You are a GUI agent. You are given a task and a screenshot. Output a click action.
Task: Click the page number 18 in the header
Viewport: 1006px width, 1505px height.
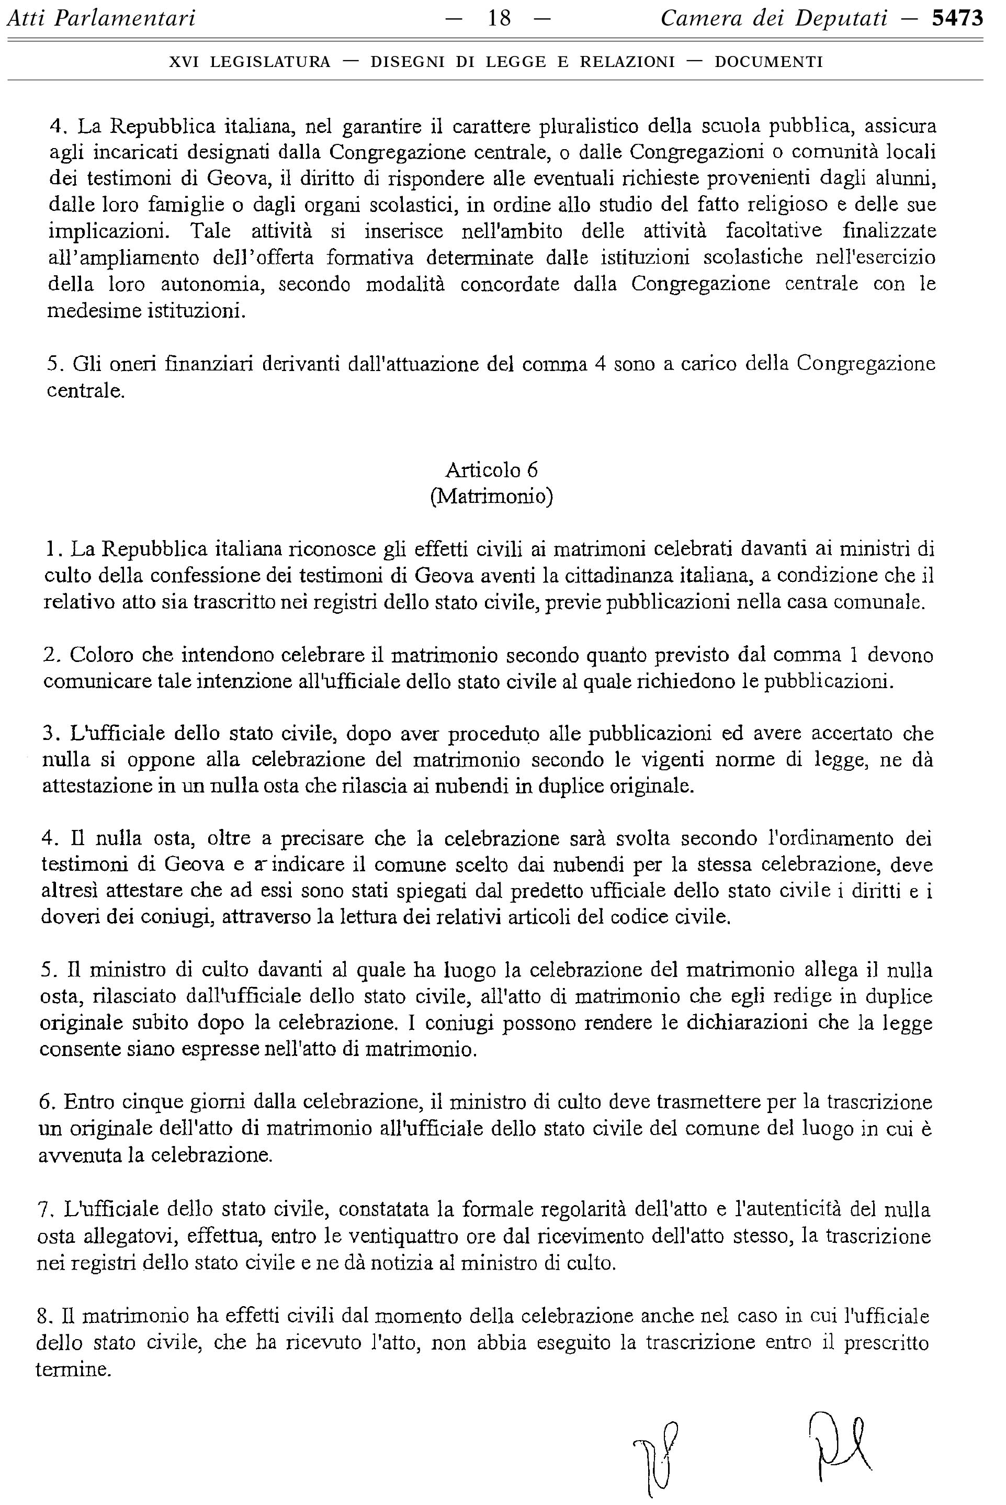(x=499, y=19)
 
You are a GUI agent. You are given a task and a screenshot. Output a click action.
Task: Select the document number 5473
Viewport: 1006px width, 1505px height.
(x=957, y=19)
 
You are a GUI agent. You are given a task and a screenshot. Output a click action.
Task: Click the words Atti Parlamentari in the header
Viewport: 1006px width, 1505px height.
(x=101, y=19)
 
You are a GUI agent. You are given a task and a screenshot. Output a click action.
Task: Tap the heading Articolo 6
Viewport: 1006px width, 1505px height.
(x=491, y=470)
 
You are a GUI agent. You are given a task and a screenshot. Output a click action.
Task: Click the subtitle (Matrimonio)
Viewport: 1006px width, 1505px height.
(x=491, y=497)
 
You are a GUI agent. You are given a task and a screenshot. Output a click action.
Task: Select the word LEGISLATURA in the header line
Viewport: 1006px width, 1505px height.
(x=270, y=62)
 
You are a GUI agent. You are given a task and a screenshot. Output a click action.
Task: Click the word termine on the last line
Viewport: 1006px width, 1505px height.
(x=73, y=1369)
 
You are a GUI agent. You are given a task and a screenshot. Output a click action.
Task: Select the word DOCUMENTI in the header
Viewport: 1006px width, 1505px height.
(x=768, y=62)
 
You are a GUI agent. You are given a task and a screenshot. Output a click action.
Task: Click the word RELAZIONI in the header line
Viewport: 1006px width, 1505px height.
(x=627, y=62)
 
